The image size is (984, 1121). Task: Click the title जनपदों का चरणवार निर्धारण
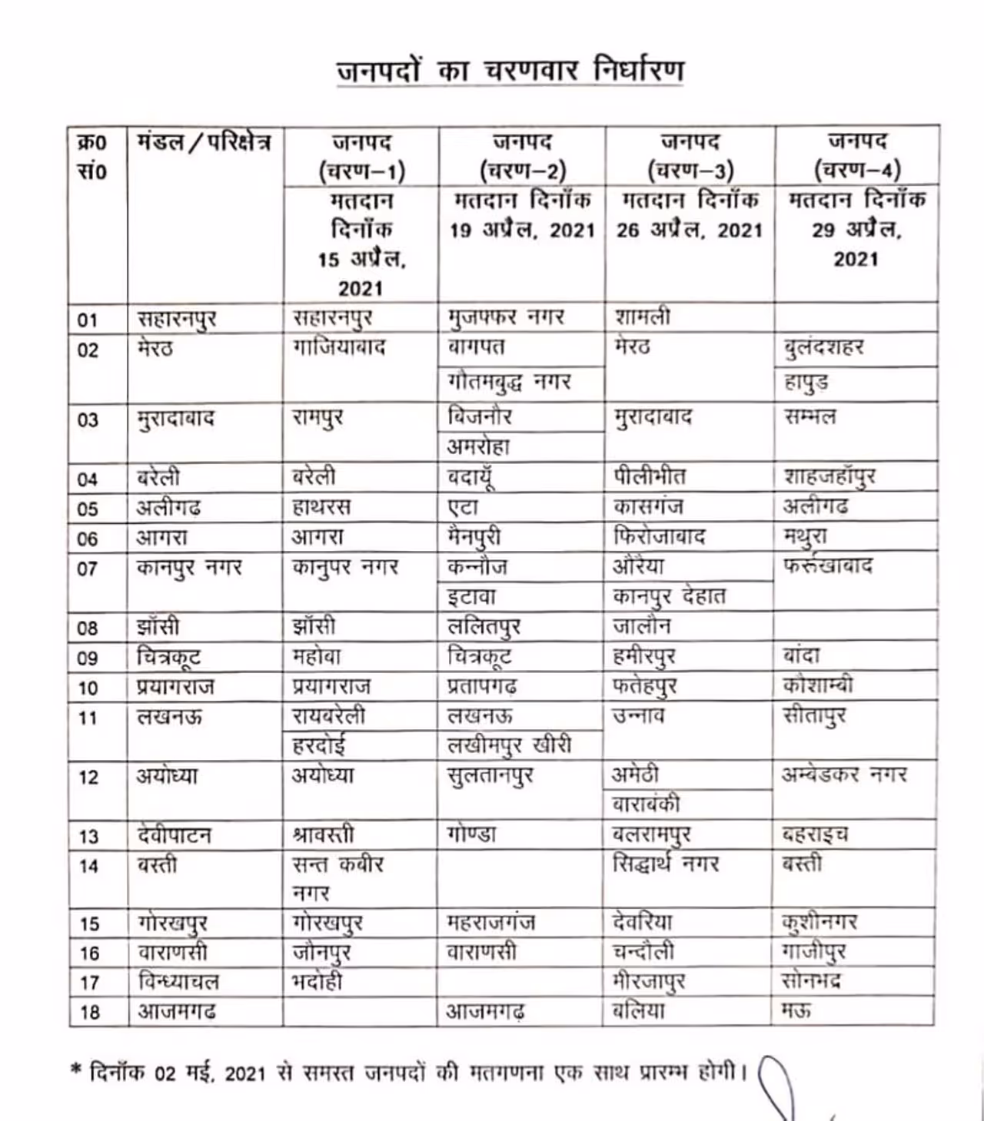(x=510, y=71)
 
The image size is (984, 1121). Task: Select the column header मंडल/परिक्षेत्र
(x=204, y=143)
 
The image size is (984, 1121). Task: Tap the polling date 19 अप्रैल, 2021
(x=522, y=230)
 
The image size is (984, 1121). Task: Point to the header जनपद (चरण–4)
(x=856, y=156)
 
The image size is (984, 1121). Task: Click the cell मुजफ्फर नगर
(x=506, y=317)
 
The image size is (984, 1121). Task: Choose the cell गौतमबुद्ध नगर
(x=509, y=382)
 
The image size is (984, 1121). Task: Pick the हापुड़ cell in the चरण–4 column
(x=806, y=382)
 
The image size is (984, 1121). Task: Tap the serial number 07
(x=88, y=569)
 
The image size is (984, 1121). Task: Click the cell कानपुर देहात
(x=669, y=596)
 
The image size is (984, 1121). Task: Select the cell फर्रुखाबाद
(x=827, y=567)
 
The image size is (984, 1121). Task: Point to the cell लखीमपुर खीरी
(x=509, y=745)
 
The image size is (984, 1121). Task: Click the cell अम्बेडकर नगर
(x=844, y=774)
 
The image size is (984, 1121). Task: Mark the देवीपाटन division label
(x=174, y=835)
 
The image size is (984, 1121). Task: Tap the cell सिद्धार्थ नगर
(x=666, y=864)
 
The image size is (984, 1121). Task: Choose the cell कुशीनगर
(x=819, y=922)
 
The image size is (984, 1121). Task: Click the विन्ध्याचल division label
(x=178, y=982)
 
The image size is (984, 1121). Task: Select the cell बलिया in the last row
(x=638, y=1011)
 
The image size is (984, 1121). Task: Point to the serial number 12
(x=88, y=778)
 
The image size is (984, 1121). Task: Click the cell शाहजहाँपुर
(x=829, y=477)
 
